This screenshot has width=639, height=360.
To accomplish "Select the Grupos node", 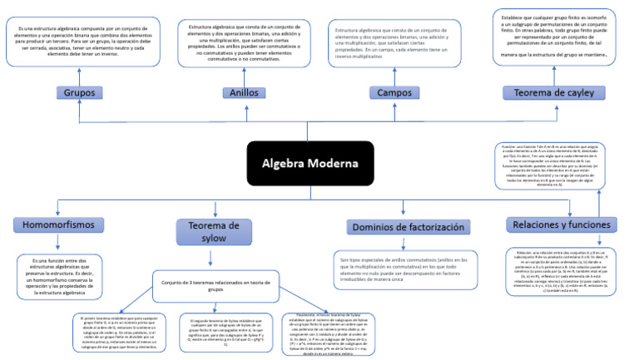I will (x=79, y=92).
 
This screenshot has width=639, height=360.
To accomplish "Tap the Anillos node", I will (x=239, y=92).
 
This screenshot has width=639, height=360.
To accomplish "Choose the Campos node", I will (x=394, y=92).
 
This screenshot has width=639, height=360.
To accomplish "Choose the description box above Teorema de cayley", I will (x=553, y=37).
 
